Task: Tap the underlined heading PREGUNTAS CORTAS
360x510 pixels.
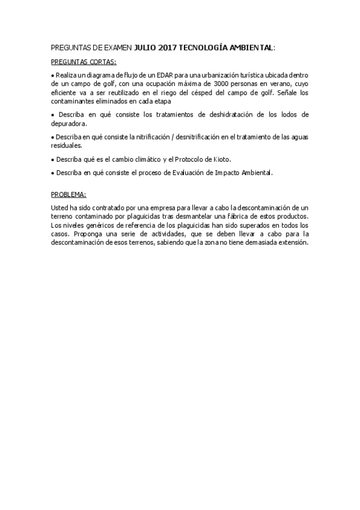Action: coord(84,62)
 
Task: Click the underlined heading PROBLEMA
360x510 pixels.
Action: coord(69,194)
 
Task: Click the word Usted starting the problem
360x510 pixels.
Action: coord(61,207)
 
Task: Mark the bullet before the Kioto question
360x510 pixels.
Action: coord(53,160)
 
